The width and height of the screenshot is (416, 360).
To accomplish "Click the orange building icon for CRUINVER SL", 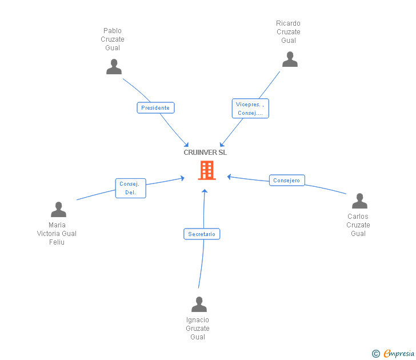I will (x=207, y=170).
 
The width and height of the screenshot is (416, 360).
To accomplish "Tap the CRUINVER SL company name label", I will (x=205, y=153).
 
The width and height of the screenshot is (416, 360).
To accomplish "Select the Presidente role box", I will (x=155, y=107).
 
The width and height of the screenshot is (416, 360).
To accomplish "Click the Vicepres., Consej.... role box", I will (x=250, y=109).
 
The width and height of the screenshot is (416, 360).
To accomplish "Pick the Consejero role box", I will (x=286, y=181).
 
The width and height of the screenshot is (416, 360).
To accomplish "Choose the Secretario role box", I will (x=202, y=234).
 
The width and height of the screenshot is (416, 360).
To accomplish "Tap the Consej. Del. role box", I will (x=130, y=188).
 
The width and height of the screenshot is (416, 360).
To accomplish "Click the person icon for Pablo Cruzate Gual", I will (x=114, y=67).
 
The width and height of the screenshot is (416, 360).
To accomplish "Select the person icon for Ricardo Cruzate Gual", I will (x=290, y=59).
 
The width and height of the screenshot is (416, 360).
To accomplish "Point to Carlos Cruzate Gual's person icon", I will (x=359, y=201).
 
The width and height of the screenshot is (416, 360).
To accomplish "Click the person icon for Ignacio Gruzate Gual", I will (x=199, y=304).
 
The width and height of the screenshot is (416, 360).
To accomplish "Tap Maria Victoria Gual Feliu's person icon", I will (x=58, y=210).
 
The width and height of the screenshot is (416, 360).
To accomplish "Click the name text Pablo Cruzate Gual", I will (x=113, y=39).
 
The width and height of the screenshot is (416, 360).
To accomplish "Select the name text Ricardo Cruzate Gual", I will (x=289, y=32).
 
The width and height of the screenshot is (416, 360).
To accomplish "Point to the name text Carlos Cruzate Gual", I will (x=358, y=225).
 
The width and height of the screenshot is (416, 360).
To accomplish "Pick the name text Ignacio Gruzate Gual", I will (x=198, y=329).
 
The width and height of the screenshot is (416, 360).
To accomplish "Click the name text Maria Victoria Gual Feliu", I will (x=57, y=234).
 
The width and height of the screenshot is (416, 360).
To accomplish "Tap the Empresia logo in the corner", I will (x=399, y=354).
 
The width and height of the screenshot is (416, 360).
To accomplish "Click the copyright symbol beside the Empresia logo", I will (x=376, y=354).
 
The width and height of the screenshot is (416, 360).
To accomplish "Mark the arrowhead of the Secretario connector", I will (x=205, y=191).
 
